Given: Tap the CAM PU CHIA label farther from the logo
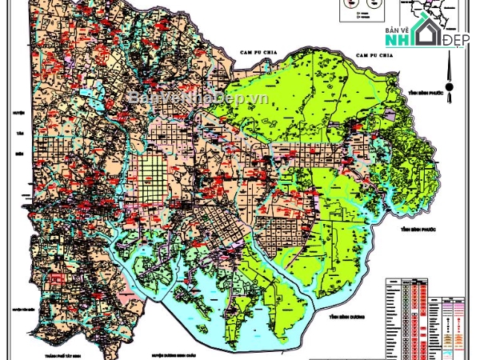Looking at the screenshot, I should pyautogui.click(x=258, y=52).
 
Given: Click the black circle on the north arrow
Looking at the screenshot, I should pyautogui.click(x=450, y=86).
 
